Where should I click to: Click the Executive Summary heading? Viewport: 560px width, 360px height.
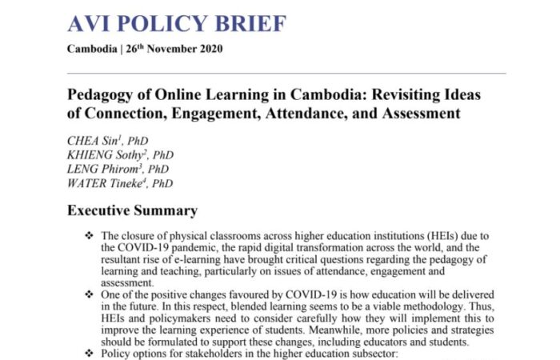tap(132, 211)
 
